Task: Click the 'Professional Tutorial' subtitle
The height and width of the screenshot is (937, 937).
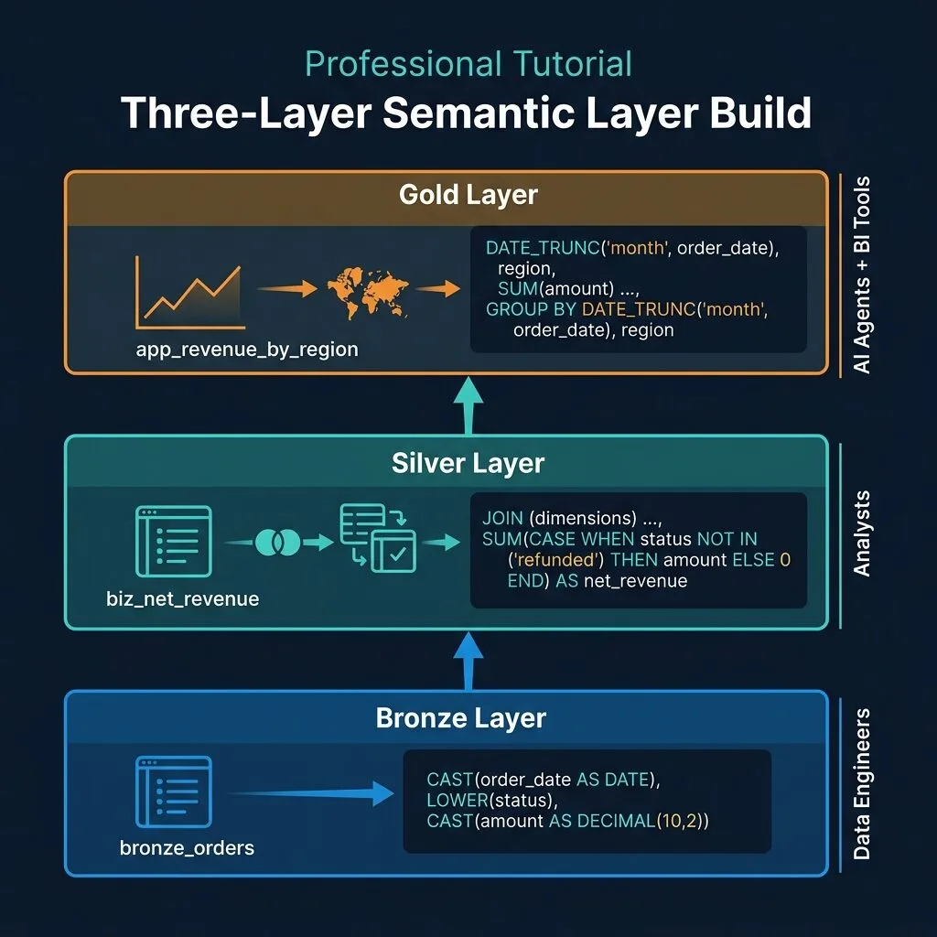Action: coord(468,65)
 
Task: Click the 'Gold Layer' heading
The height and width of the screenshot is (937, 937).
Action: coord(468,195)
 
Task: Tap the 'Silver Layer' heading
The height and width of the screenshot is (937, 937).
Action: coord(468,463)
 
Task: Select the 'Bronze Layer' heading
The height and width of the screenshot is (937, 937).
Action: coord(461,717)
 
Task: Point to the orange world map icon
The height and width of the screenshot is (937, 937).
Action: coord(368,292)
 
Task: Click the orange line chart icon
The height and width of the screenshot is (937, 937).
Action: coord(190,292)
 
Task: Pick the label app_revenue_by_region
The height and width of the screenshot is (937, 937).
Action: coord(247,349)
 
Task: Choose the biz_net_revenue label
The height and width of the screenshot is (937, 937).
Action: coord(183,598)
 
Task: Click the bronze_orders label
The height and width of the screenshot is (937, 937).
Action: coord(187,848)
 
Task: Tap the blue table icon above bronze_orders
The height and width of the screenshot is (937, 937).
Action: coord(174,792)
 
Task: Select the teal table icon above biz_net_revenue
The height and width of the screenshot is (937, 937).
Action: coord(174,542)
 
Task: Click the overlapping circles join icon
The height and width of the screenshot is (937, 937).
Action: coord(278,542)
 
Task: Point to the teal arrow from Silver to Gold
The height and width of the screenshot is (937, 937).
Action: coord(468,405)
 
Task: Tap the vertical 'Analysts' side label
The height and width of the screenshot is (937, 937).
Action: coord(861,533)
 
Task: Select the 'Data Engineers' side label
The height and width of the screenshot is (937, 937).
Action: coord(861,784)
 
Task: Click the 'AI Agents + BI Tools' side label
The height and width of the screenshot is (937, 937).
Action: coord(861,275)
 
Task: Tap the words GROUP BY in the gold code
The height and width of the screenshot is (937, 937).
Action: coord(531,309)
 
